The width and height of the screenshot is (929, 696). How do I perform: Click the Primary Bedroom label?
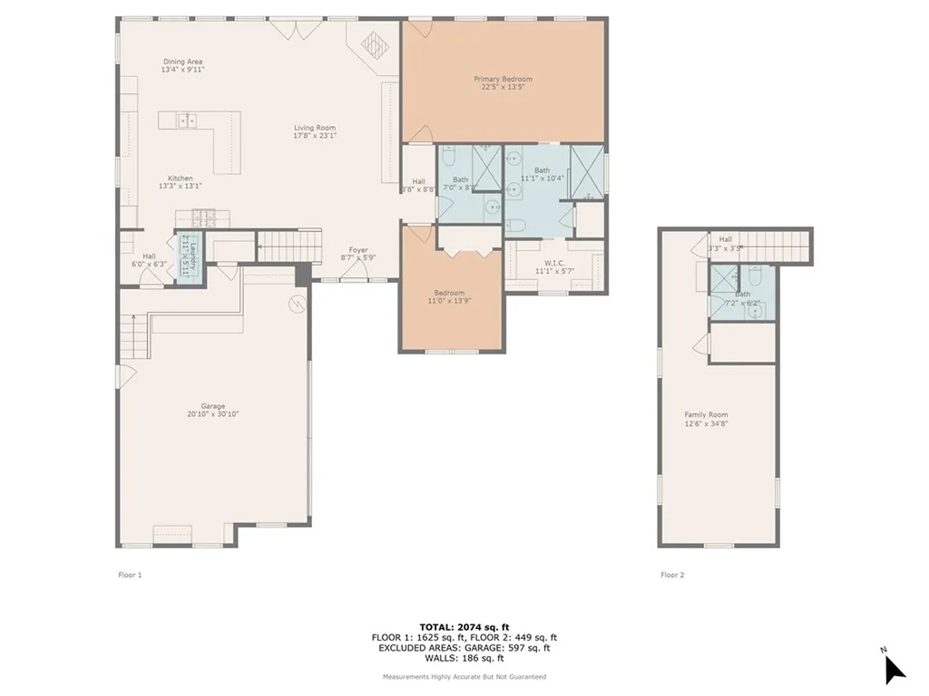pyautogui.click(x=503, y=80)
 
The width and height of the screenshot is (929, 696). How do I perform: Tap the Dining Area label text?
pyautogui.click(x=182, y=62)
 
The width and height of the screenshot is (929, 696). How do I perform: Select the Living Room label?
pyautogui.click(x=314, y=129)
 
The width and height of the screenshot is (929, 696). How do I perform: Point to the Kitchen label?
pyautogui.click(x=180, y=179)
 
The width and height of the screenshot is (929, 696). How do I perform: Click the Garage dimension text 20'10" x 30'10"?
pyautogui.click(x=213, y=414)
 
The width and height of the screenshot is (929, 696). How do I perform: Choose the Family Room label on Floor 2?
pyautogui.click(x=706, y=415)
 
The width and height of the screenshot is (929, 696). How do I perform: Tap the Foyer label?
pyautogui.click(x=358, y=250)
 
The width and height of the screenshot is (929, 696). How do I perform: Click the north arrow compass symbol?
pyautogui.click(x=894, y=668)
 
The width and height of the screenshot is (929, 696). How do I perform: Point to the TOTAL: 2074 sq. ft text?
pyautogui.click(x=464, y=626)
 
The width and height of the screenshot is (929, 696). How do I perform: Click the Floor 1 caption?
pyautogui.click(x=130, y=575)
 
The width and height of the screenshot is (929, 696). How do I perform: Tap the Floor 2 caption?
pyautogui.click(x=671, y=575)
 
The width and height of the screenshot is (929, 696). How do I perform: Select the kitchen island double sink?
pyautogui.click(x=188, y=120)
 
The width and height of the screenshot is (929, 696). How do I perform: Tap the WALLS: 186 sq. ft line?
pyautogui.click(x=464, y=659)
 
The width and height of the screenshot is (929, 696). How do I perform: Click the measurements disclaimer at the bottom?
pyautogui.click(x=464, y=676)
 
